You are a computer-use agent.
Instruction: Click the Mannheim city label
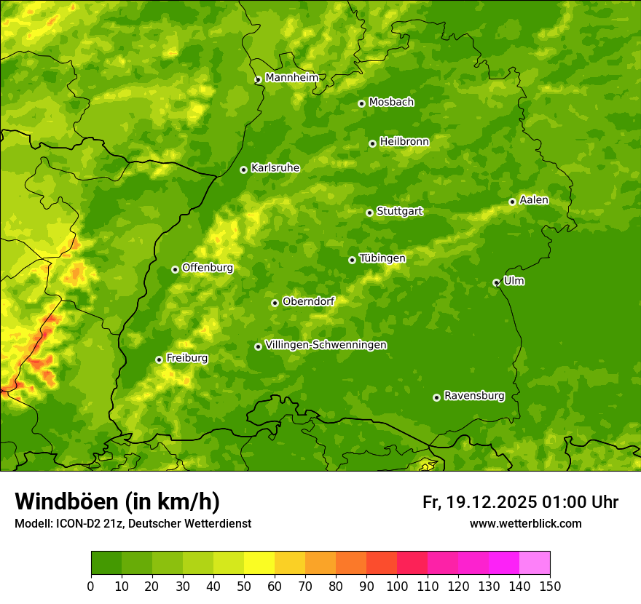(x=291, y=78)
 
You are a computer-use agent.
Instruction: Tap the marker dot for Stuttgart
(x=369, y=212)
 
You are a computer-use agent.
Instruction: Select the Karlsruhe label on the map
(x=275, y=168)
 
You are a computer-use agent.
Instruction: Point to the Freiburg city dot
(x=159, y=359)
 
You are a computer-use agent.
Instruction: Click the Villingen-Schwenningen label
(x=326, y=345)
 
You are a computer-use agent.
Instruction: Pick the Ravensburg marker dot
(x=436, y=397)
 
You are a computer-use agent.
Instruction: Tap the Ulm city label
(x=514, y=281)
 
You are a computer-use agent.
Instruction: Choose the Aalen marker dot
(x=512, y=202)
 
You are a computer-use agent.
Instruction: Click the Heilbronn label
(x=404, y=142)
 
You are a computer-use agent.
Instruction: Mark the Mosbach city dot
(x=361, y=103)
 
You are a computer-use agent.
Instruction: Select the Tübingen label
(x=382, y=258)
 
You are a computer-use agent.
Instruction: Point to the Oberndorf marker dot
(x=275, y=303)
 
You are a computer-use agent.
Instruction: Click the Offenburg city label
(x=208, y=268)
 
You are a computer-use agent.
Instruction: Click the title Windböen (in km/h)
(x=117, y=501)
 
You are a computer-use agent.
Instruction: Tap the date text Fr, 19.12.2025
(x=479, y=502)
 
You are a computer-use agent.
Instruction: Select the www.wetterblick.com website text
(x=525, y=523)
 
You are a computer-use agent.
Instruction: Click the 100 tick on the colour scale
(x=397, y=586)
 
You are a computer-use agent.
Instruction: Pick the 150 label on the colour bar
(x=550, y=586)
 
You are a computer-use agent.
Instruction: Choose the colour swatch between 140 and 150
(x=535, y=563)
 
